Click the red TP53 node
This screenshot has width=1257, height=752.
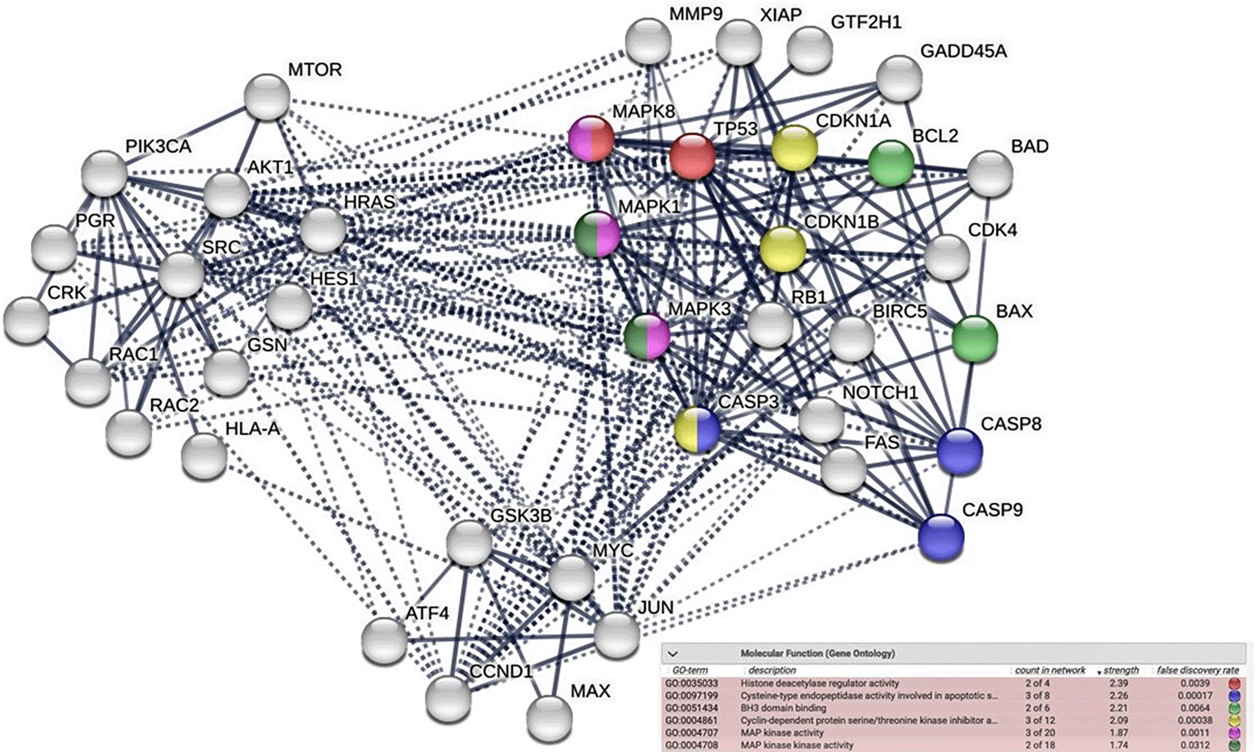[x=692, y=156]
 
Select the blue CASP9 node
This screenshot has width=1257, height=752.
[x=941, y=537]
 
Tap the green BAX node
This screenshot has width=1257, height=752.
[x=974, y=338]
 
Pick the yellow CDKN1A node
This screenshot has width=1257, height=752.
[x=794, y=147]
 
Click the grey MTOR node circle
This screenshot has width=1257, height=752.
[x=266, y=97]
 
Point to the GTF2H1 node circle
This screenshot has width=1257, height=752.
[x=809, y=48]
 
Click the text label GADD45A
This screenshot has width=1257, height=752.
[x=963, y=52]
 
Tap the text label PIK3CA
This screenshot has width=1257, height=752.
[x=159, y=147]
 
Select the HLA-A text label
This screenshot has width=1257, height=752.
[x=252, y=428]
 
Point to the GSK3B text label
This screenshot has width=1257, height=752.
[x=520, y=516]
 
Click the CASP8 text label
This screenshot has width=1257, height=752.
[x=1010, y=424]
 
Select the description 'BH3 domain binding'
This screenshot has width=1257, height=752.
[x=783, y=708]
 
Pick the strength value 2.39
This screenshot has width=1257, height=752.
[x=1119, y=683]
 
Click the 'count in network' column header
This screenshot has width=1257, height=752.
[x=1049, y=671]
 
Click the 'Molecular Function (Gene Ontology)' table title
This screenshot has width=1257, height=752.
[x=817, y=653]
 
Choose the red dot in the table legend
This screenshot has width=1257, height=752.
[x=1234, y=683]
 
